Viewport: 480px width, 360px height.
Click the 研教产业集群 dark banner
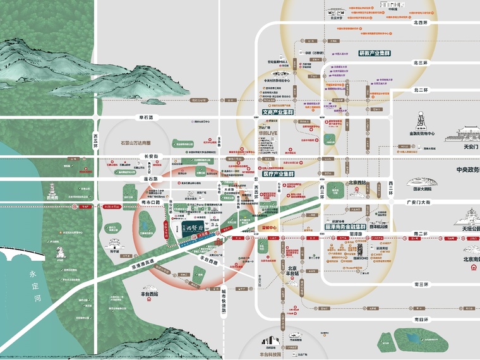point(375,54)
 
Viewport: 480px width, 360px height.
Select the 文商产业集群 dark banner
point(279,112)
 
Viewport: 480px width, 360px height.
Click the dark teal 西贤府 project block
point(189,230)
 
